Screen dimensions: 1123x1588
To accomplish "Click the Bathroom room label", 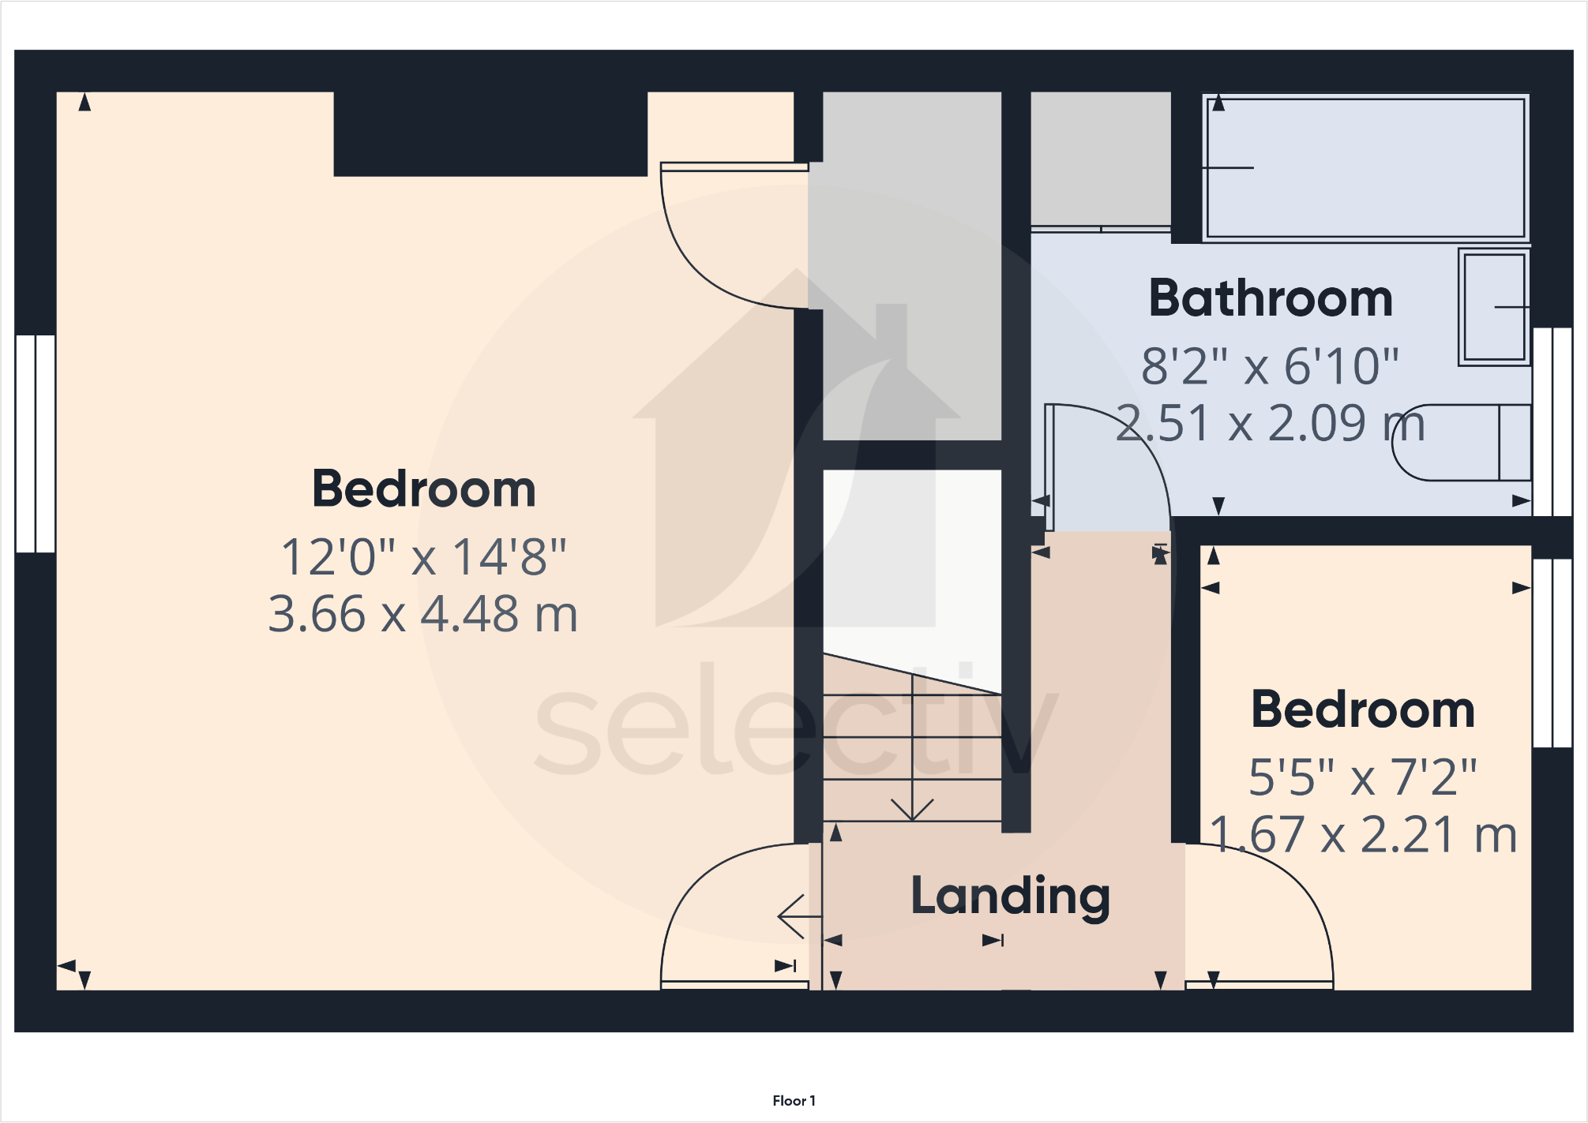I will tap(1271, 299).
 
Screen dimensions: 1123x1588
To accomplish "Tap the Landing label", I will tap(1011, 897).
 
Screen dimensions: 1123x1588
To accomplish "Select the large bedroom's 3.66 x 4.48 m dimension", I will tap(423, 614).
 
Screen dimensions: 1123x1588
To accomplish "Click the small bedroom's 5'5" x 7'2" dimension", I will tap(1363, 777).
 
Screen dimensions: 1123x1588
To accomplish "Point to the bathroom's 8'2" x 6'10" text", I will tap(1271, 366).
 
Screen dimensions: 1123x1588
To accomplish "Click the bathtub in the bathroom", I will tap(1365, 167).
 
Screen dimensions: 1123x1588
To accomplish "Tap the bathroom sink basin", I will tap(1494, 307).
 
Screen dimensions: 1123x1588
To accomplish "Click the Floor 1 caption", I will tap(794, 1101).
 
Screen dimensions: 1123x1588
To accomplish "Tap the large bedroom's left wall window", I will tap(36, 444).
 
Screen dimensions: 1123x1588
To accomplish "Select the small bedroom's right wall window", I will tap(1552, 653).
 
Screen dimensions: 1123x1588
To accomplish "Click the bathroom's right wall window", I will tap(1552, 422).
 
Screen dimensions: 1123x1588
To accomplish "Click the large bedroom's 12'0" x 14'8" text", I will tap(423, 557).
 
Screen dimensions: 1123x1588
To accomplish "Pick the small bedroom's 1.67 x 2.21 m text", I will tap(1363, 835).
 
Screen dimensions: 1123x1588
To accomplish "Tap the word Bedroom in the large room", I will tap(423, 489).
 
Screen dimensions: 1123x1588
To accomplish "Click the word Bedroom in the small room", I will tap(1363, 710).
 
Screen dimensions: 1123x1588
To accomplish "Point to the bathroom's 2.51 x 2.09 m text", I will tap(1271, 424).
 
